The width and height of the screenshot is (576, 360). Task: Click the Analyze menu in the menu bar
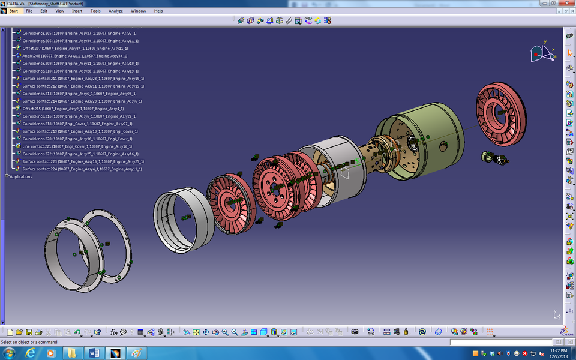coord(115,11)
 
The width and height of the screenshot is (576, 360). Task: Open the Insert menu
coord(77,11)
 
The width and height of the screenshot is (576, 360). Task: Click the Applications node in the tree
coord(20,176)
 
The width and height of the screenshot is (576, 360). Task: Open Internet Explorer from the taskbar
coord(31,353)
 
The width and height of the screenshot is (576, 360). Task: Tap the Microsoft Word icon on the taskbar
coord(93,353)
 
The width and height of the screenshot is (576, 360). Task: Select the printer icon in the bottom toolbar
coord(38,332)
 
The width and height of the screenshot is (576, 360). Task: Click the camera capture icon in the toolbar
coord(355,332)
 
